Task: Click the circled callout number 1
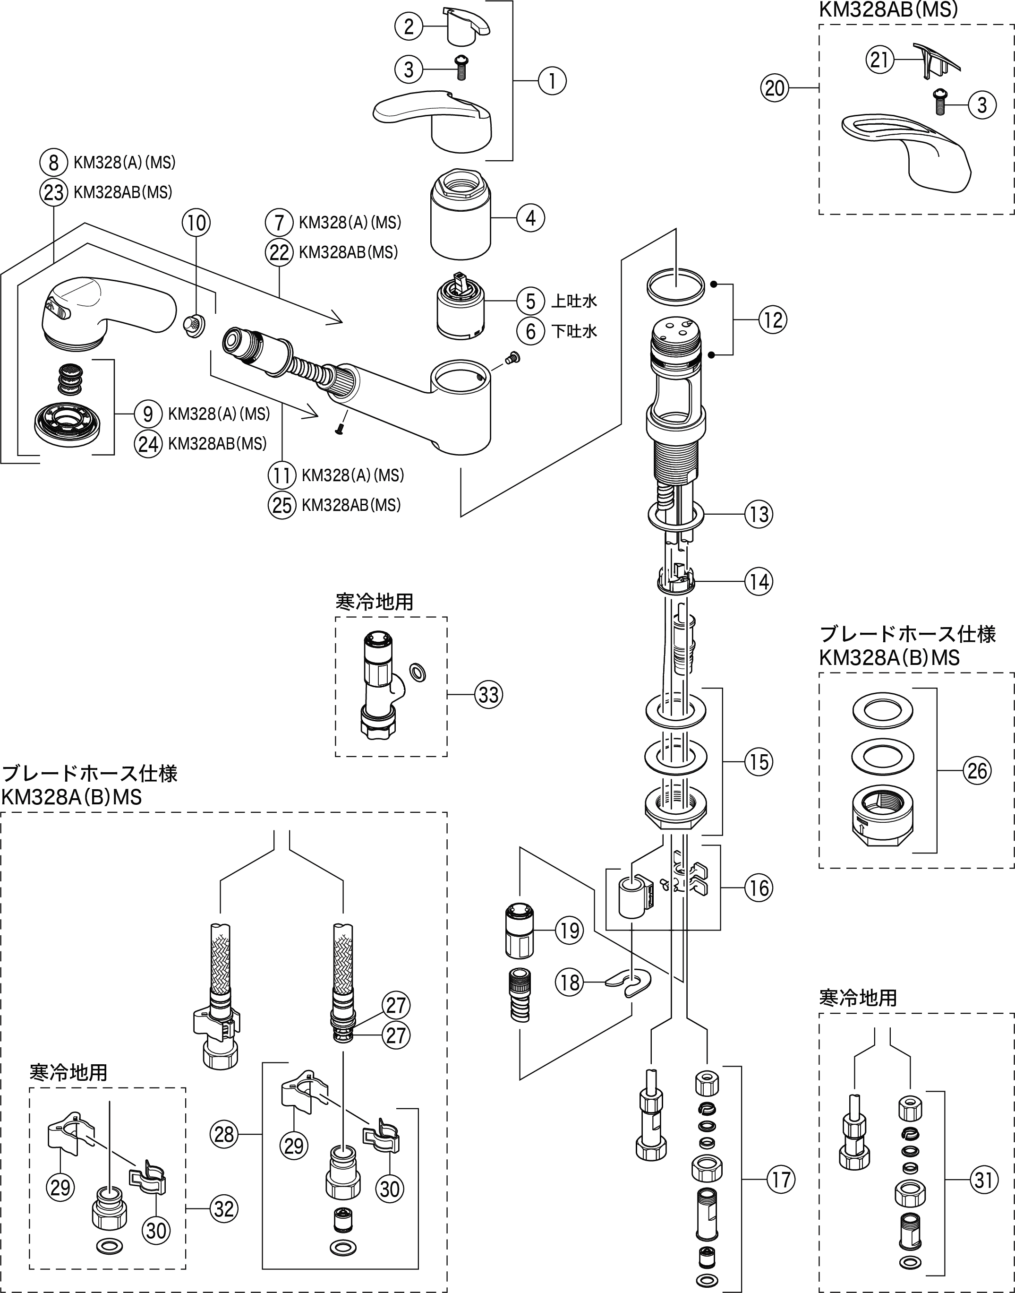[552, 80]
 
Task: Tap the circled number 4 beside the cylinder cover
[530, 218]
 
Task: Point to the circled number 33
[488, 694]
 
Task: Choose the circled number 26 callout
[977, 771]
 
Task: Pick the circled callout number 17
[780, 1180]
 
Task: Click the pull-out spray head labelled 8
[107, 309]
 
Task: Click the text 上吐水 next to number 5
[574, 302]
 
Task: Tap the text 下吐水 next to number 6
[574, 331]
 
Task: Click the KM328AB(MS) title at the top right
[888, 9]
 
